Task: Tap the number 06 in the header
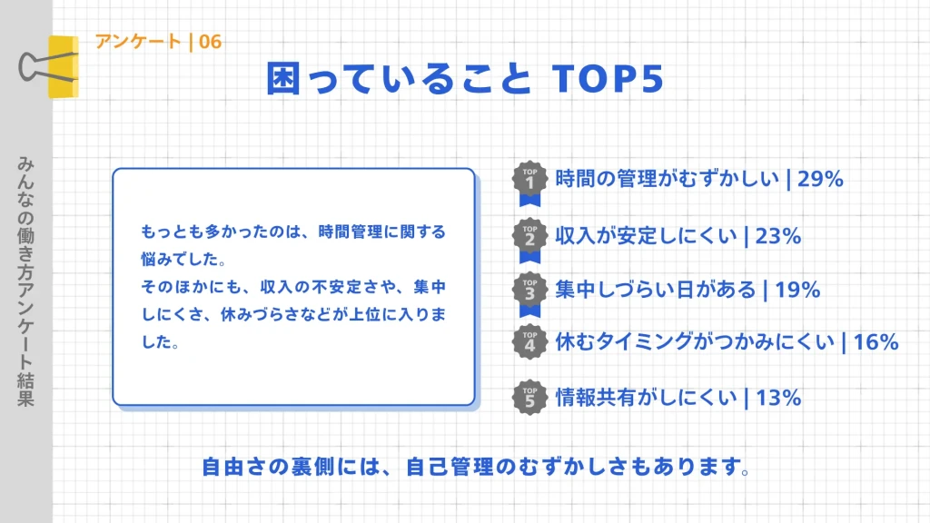pos(210,42)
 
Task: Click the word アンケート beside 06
pos(138,42)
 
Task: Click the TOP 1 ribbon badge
pos(530,179)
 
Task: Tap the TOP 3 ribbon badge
pos(530,290)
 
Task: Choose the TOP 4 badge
pos(530,341)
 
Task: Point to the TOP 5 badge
pos(530,397)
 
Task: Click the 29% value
pos(821,179)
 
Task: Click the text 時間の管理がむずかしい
pos(668,179)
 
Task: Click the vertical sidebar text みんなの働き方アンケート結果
pos(25,281)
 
